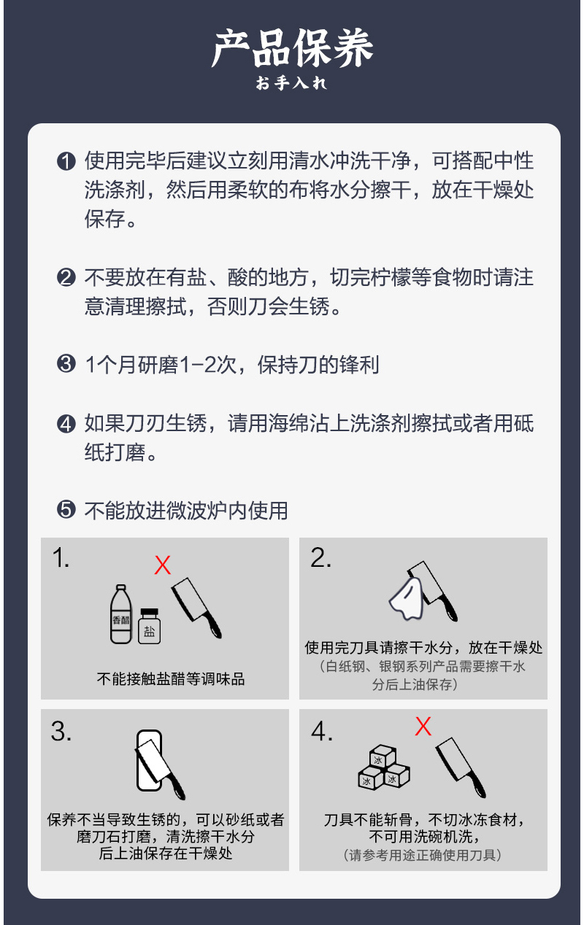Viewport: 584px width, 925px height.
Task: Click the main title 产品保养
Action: click(x=292, y=48)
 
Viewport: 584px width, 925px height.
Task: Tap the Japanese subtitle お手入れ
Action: click(x=291, y=83)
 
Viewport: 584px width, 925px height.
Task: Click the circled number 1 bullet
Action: click(x=66, y=161)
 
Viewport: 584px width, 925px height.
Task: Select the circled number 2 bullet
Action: click(x=66, y=277)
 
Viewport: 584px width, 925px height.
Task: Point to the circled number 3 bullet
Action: click(x=66, y=364)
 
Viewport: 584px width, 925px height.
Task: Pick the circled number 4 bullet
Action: click(x=66, y=424)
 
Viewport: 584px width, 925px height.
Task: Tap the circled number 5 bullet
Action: click(x=66, y=510)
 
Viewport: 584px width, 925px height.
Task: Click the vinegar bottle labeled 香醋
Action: click(x=120, y=614)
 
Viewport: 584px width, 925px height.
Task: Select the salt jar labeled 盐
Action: click(x=149, y=626)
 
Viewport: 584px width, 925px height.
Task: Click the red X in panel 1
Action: click(x=163, y=565)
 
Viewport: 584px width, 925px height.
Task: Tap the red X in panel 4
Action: click(x=423, y=727)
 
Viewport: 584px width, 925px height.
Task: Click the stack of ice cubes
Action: click(x=384, y=767)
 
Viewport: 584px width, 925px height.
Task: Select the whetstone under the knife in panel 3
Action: click(x=149, y=760)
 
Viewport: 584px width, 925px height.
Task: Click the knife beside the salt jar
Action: click(x=196, y=608)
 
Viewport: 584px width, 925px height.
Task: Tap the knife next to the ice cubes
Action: click(x=461, y=767)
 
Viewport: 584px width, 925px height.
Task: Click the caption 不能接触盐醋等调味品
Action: click(x=171, y=679)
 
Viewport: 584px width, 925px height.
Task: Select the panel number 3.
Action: click(x=61, y=732)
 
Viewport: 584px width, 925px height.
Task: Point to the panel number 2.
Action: click(x=320, y=558)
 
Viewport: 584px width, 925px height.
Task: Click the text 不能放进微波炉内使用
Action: click(x=186, y=511)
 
